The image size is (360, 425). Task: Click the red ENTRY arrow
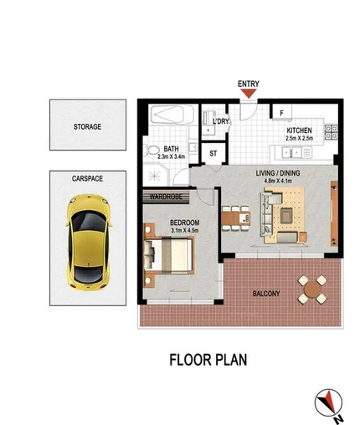point(249,95)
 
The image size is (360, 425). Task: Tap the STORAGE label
point(86,126)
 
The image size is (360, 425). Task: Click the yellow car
point(86,239)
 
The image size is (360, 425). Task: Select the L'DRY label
point(221,122)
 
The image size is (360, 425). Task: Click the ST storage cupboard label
point(213,154)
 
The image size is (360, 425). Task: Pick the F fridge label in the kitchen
point(281,113)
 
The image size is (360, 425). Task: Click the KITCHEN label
point(299,131)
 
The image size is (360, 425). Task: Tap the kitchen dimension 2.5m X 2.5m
point(299,138)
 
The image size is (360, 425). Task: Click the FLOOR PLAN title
point(207,361)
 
